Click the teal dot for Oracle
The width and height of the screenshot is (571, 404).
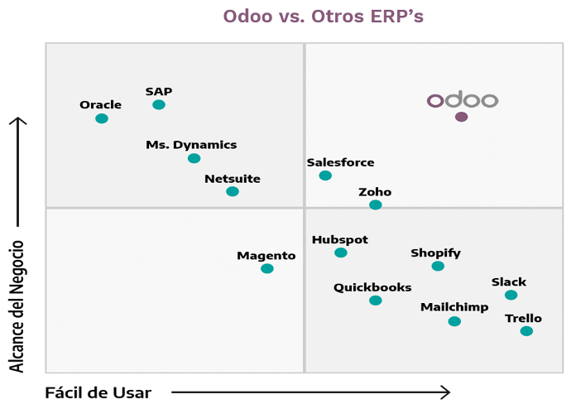tap(102, 118)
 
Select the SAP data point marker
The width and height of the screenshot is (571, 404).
tap(159, 104)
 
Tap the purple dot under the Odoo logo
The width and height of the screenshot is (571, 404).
tap(461, 117)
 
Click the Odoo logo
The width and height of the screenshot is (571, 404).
tap(462, 100)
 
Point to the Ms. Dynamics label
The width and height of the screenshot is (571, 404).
tap(191, 145)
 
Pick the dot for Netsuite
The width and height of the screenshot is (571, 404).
tap(233, 191)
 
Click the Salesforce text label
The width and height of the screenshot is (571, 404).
tap(340, 163)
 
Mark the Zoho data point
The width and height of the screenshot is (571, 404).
tap(376, 204)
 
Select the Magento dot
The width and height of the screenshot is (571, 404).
tap(266, 268)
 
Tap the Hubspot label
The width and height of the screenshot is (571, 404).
tap(340, 240)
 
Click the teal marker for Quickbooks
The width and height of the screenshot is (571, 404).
tap(376, 301)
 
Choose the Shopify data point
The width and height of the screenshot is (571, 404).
tap(438, 266)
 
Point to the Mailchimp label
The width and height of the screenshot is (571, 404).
tap(454, 307)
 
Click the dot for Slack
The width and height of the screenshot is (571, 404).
tap(511, 295)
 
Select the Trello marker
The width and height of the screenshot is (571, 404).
tap(526, 331)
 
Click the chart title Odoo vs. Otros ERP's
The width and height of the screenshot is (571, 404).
tap(324, 17)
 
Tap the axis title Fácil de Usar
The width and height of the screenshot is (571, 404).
tap(98, 392)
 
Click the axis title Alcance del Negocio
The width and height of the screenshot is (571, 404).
tap(17, 306)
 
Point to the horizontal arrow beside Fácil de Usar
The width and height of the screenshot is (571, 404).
tap(310, 392)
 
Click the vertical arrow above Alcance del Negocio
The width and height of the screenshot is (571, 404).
tap(17, 170)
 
